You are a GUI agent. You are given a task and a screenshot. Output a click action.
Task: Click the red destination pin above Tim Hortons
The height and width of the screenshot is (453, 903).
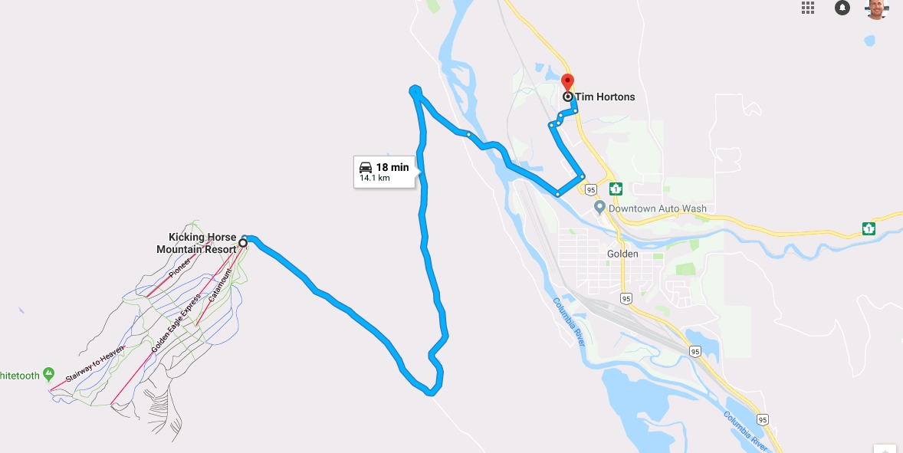pos(567,82)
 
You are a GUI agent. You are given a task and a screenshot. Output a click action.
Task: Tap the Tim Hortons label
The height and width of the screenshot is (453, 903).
pos(605,97)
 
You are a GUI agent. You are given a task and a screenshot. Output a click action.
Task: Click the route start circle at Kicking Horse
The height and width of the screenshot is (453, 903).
pos(243,243)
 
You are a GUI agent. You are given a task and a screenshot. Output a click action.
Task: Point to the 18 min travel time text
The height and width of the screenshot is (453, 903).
pos(392,167)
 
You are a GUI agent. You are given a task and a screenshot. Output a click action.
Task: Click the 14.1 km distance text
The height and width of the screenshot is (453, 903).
pos(375,179)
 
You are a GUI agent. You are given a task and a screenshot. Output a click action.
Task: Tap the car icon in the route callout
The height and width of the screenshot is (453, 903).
pos(366,167)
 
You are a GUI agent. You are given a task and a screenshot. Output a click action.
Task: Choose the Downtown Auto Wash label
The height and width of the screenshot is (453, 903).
pos(657,208)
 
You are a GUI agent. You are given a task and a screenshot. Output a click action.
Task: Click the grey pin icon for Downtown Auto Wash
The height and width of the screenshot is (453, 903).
pos(600,208)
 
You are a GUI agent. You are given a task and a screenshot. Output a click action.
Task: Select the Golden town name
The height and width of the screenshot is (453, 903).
pos(622,254)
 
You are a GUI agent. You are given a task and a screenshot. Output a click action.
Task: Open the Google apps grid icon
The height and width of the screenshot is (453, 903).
pos(808,8)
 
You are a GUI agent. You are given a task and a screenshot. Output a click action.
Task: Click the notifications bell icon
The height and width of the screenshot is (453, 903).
pos(842,8)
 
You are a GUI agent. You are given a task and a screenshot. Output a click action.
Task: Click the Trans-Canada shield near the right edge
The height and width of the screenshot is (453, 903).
pos(869,228)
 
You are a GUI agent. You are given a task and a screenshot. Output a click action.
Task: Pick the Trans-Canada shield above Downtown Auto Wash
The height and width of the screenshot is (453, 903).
pos(615,189)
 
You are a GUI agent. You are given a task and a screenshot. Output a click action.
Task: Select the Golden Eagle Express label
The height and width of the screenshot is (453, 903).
pos(176,323)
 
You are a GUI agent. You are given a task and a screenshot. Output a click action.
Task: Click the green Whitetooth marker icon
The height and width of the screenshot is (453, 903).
pos(49,374)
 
